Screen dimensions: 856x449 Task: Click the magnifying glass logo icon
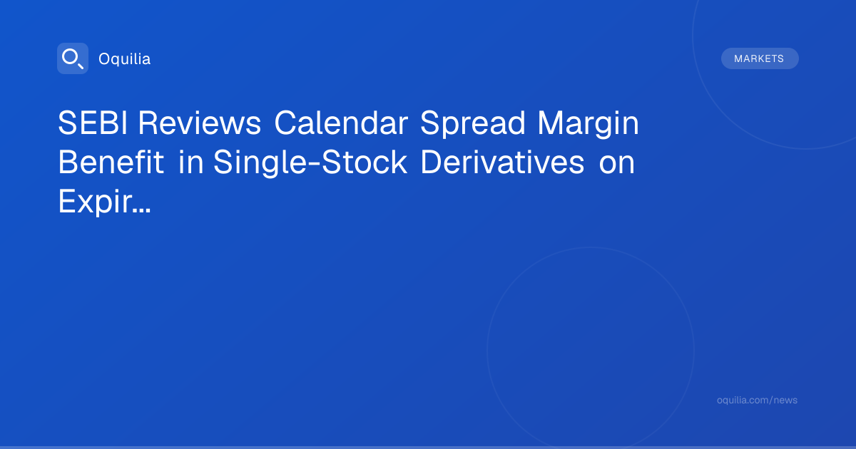[73, 58]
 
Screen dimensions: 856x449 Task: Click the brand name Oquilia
[125, 59]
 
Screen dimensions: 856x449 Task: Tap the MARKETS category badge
[760, 58]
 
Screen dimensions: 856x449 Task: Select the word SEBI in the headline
[93, 123]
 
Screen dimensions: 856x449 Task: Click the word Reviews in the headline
[200, 123]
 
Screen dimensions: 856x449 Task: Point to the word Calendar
[341, 123]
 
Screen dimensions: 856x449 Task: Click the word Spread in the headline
[473, 125]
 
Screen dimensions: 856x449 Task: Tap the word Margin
[588, 125]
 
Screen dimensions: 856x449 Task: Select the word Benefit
[111, 162]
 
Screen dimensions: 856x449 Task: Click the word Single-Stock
[310, 164]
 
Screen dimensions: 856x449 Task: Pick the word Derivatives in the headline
[502, 162]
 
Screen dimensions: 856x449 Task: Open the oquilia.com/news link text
[757, 400]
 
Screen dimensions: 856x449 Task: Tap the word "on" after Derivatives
[617, 165]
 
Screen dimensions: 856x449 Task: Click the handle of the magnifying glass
[81, 66]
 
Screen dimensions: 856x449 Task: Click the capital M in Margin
[549, 123]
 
